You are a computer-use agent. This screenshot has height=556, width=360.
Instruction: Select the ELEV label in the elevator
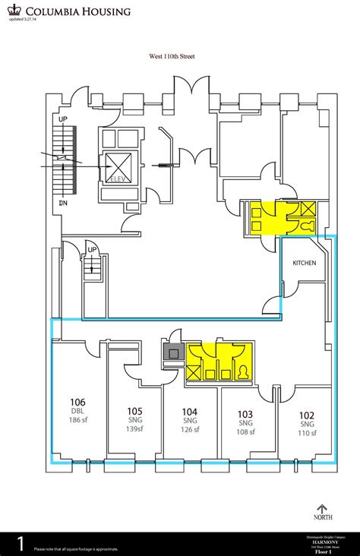point(118,179)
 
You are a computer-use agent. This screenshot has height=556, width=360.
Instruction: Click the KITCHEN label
point(305,263)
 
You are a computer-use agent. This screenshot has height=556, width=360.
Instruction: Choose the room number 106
point(77,402)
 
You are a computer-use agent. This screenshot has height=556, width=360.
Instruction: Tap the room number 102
point(306,415)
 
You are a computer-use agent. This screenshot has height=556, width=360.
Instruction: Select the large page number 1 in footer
point(21,543)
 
